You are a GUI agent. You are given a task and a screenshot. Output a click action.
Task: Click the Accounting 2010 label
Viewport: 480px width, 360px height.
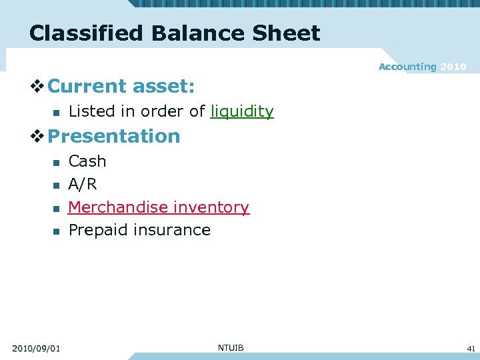422,67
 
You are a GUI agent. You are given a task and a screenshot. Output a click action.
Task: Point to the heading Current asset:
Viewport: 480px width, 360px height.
121,86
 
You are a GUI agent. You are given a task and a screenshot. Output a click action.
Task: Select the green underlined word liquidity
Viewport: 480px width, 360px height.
242,111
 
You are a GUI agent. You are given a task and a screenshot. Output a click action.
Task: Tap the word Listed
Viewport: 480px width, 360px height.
91,111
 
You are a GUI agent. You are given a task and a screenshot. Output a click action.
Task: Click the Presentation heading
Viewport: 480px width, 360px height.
114,136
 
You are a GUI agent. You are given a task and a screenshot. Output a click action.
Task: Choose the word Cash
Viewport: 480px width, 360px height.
87,161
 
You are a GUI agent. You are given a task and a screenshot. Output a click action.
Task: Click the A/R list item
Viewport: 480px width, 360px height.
83,184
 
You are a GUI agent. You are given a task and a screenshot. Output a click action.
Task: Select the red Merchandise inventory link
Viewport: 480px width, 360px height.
159,207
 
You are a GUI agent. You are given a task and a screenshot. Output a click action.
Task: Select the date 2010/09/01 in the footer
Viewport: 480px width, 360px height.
36,348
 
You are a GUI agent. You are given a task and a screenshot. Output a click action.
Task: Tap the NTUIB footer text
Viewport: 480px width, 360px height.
231,347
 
